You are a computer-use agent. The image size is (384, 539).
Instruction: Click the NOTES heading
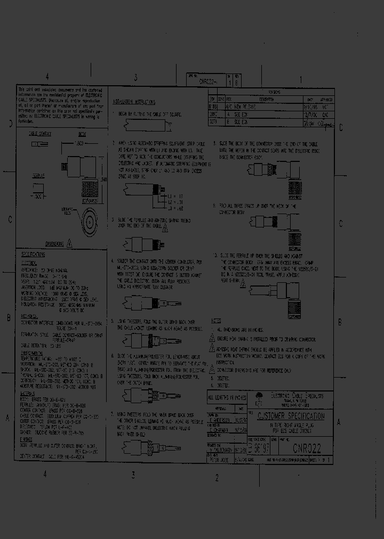[216, 321]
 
